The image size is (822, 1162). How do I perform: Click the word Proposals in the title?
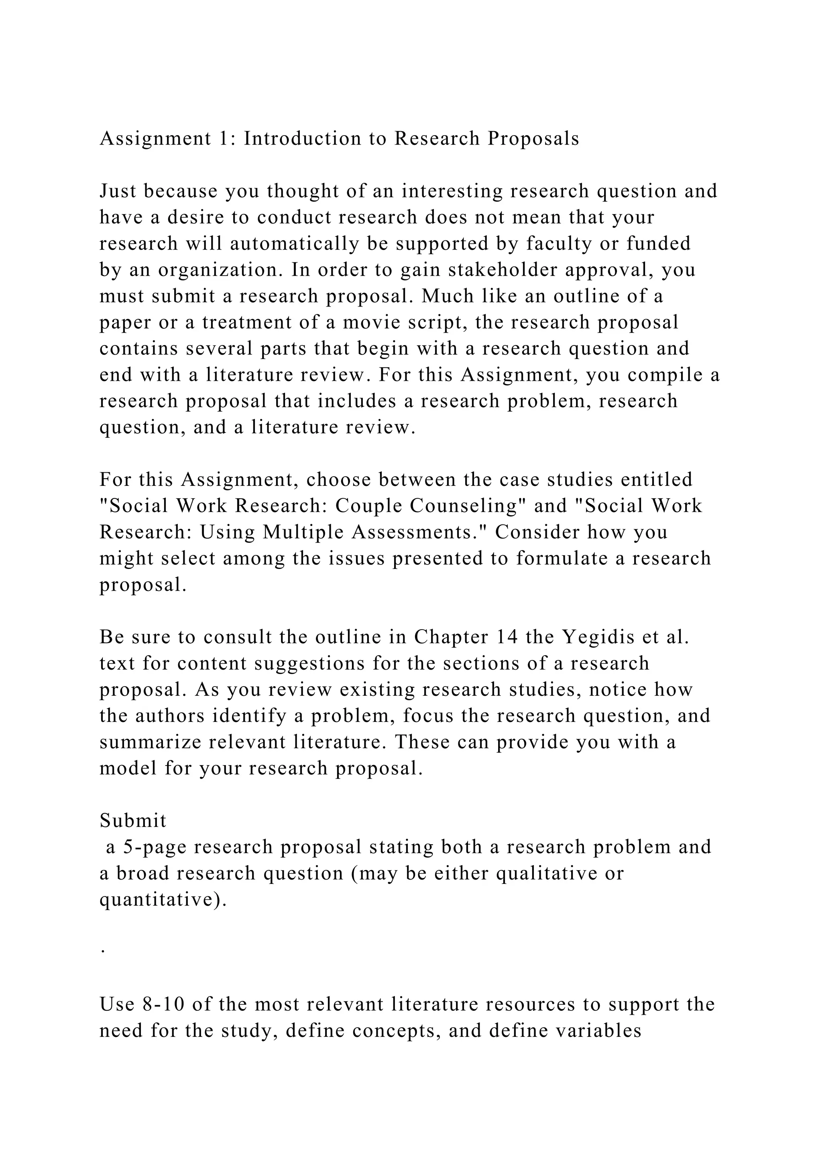pyautogui.click(x=533, y=139)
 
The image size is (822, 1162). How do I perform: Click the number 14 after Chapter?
pyautogui.click(x=508, y=637)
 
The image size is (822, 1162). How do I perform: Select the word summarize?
pyautogui.click(x=142, y=742)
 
